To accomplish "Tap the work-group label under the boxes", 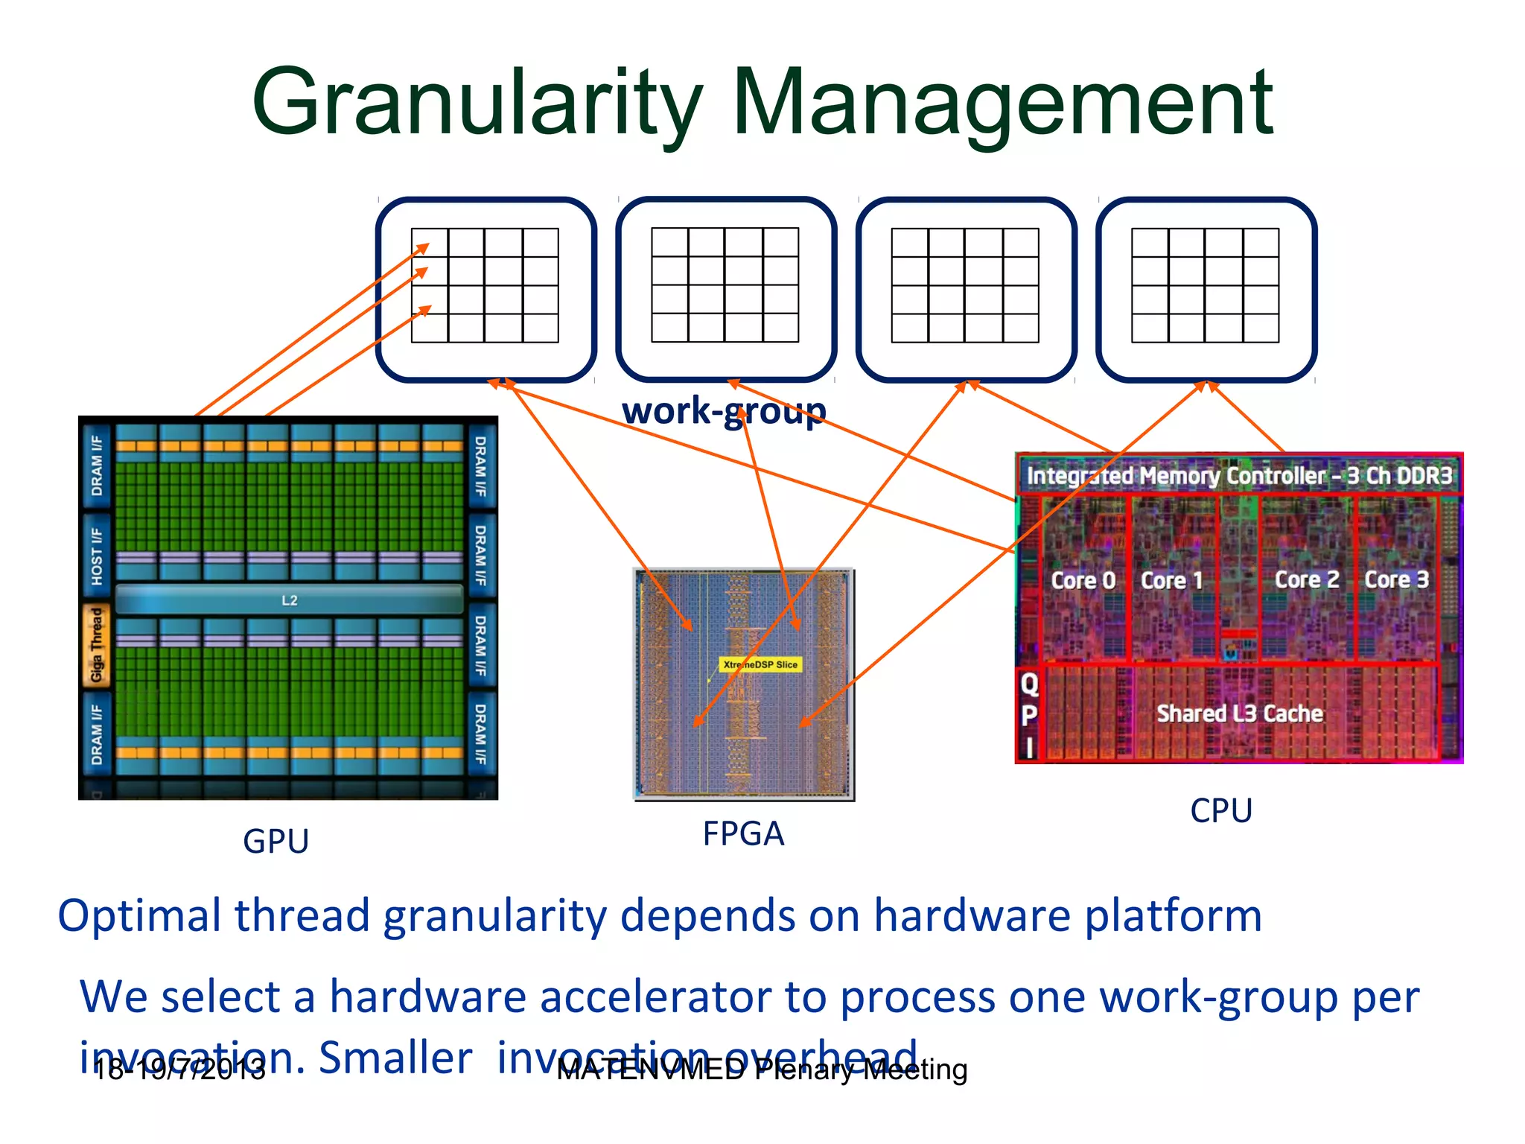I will (x=724, y=411).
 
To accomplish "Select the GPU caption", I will (x=276, y=842).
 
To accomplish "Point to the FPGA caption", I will (x=743, y=833).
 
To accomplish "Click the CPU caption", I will (x=1221, y=810).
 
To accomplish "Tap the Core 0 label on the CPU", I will (x=1083, y=580).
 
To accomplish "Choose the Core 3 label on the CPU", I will (x=1396, y=579).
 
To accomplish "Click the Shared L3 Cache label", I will (x=1240, y=714).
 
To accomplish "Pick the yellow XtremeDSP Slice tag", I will (x=760, y=664).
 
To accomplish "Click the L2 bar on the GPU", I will (x=290, y=600).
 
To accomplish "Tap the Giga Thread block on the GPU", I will (x=97, y=645).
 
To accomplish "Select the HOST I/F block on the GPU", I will (x=97, y=556).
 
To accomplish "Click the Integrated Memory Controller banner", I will (x=1239, y=475).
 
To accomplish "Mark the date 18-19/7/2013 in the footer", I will (x=179, y=1070).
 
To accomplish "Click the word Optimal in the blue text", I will (x=139, y=916).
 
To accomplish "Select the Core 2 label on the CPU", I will (x=1307, y=579).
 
